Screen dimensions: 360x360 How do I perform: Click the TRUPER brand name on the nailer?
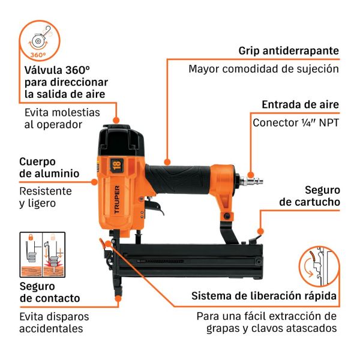[x=117, y=200]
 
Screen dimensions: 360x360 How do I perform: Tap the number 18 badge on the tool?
[x=116, y=166]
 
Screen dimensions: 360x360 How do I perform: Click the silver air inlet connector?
[x=251, y=181]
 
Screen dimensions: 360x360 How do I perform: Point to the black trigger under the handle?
[x=154, y=206]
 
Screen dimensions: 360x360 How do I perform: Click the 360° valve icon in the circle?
[x=40, y=40]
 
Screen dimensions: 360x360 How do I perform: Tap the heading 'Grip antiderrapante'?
[x=289, y=51]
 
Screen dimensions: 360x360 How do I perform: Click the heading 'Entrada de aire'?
[x=301, y=104]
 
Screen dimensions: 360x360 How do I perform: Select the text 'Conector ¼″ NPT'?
[x=296, y=123]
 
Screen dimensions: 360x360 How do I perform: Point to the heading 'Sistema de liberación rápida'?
[x=264, y=296]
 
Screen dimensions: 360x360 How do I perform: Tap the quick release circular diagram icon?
[x=320, y=266]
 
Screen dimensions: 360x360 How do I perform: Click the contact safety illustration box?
[x=43, y=254]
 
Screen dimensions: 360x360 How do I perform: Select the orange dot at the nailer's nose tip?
[x=118, y=298]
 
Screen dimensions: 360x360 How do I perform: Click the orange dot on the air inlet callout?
[x=251, y=175]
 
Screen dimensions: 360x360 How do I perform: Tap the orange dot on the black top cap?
[x=116, y=120]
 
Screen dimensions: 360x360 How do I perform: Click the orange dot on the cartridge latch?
[x=260, y=231]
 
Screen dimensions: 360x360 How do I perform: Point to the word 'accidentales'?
[x=51, y=329]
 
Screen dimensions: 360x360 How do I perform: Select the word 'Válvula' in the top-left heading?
[x=43, y=70]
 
